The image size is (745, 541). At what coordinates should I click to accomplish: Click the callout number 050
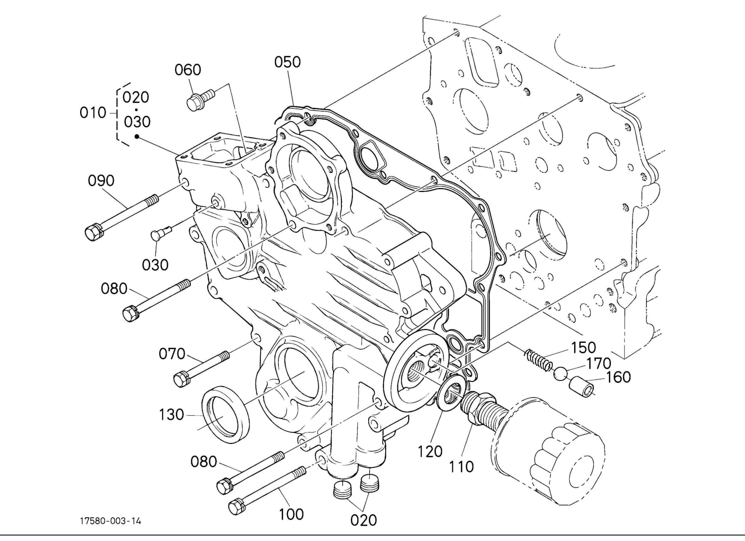click(x=288, y=62)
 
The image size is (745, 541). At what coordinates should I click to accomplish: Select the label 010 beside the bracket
click(x=93, y=113)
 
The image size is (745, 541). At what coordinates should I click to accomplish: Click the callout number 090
click(x=101, y=181)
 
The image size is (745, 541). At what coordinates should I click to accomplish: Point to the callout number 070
click(x=172, y=354)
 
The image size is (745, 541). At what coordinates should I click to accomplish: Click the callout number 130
click(x=171, y=415)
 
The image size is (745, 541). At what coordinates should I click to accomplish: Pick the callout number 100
click(x=292, y=514)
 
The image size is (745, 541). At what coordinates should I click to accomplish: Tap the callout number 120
click(x=430, y=452)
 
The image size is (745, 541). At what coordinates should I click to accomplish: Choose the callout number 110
click(x=461, y=466)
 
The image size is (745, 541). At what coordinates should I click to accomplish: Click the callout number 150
click(x=584, y=347)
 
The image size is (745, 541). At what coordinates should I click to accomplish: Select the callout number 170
click(x=599, y=363)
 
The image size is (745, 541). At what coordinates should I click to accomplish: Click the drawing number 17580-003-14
click(x=111, y=521)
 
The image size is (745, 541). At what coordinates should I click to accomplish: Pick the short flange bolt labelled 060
click(x=201, y=97)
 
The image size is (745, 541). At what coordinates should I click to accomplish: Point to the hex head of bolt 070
click(x=182, y=379)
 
